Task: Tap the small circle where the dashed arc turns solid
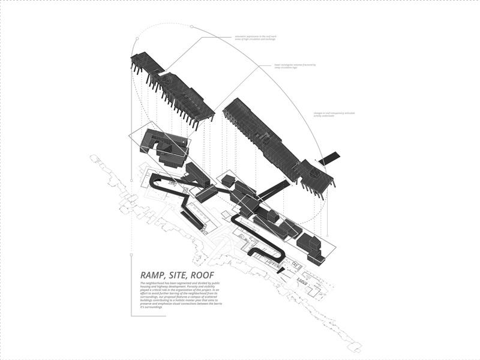point(191,27)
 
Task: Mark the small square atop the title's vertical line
point(131,254)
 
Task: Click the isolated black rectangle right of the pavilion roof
point(329,158)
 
